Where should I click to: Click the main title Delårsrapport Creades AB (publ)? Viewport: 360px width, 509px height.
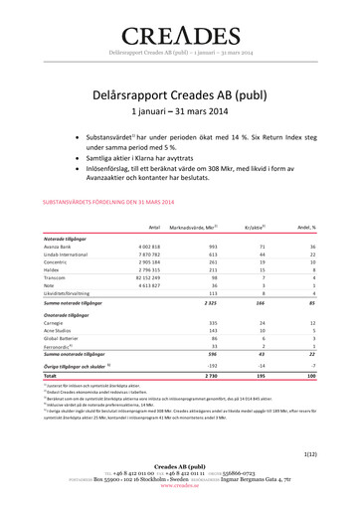(179, 92)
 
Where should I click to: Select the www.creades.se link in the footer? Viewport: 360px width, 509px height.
(180, 503)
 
